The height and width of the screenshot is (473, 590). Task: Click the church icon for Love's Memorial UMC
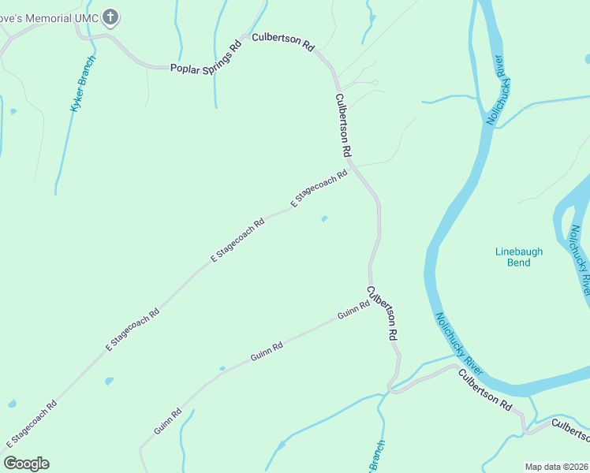[x=111, y=17]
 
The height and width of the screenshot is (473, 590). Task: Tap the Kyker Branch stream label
[x=83, y=84]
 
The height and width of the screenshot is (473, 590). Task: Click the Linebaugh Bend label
[x=518, y=257]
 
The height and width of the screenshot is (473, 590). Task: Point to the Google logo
[x=26, y=464]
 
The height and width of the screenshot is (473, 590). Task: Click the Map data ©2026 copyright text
[x=556, y=467]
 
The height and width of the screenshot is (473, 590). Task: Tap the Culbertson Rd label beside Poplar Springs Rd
[x=283, y=42]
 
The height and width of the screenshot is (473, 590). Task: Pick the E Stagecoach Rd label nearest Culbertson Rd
[x=319, y=189]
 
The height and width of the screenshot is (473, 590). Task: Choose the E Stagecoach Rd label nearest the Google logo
[x=31, y=424]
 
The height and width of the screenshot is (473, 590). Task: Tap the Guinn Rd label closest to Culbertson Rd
[x=353, y=310]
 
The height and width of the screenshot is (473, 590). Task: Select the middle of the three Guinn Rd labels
[x=267, y=352]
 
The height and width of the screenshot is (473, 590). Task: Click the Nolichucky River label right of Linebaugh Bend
[x=577, y=259]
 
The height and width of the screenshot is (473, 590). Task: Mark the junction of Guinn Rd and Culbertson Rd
[x=371, y=300]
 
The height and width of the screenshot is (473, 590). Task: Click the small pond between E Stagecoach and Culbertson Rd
[x=324, y=218]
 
